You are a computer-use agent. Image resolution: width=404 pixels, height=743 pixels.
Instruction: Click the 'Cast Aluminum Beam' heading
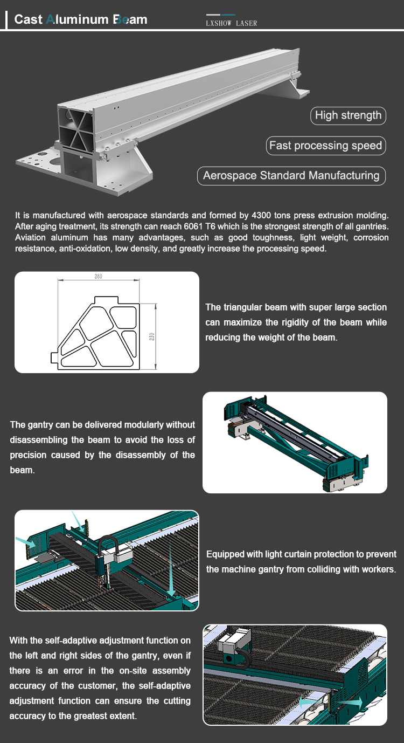[x=81, y=19]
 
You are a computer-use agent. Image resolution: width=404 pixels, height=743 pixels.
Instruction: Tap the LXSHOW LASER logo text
[x=231, y=23]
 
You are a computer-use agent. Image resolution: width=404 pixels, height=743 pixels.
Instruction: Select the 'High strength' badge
[x=348, y=115]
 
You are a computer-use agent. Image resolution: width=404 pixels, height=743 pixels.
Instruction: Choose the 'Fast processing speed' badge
[x=326, y=145]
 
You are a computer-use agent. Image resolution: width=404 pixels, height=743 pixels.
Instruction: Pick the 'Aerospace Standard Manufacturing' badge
[x=291, y=175]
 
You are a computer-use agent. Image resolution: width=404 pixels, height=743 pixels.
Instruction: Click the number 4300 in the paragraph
[x=261, y=215]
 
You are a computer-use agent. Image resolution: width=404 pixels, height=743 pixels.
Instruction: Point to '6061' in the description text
[x=193, y=226]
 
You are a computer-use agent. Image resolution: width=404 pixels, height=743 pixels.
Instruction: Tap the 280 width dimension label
[x=98, y=276]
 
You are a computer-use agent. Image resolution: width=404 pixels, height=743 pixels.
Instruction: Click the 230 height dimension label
[x=152, y=336]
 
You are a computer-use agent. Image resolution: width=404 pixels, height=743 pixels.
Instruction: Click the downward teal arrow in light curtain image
[x=170, y=569]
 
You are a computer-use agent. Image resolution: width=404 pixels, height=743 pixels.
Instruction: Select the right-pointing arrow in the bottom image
[x=350, y=702]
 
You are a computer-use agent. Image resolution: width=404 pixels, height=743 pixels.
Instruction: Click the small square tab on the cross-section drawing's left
[x=54, y=357]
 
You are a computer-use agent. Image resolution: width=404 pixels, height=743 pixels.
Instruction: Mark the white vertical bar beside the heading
[x=6, y=19]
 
